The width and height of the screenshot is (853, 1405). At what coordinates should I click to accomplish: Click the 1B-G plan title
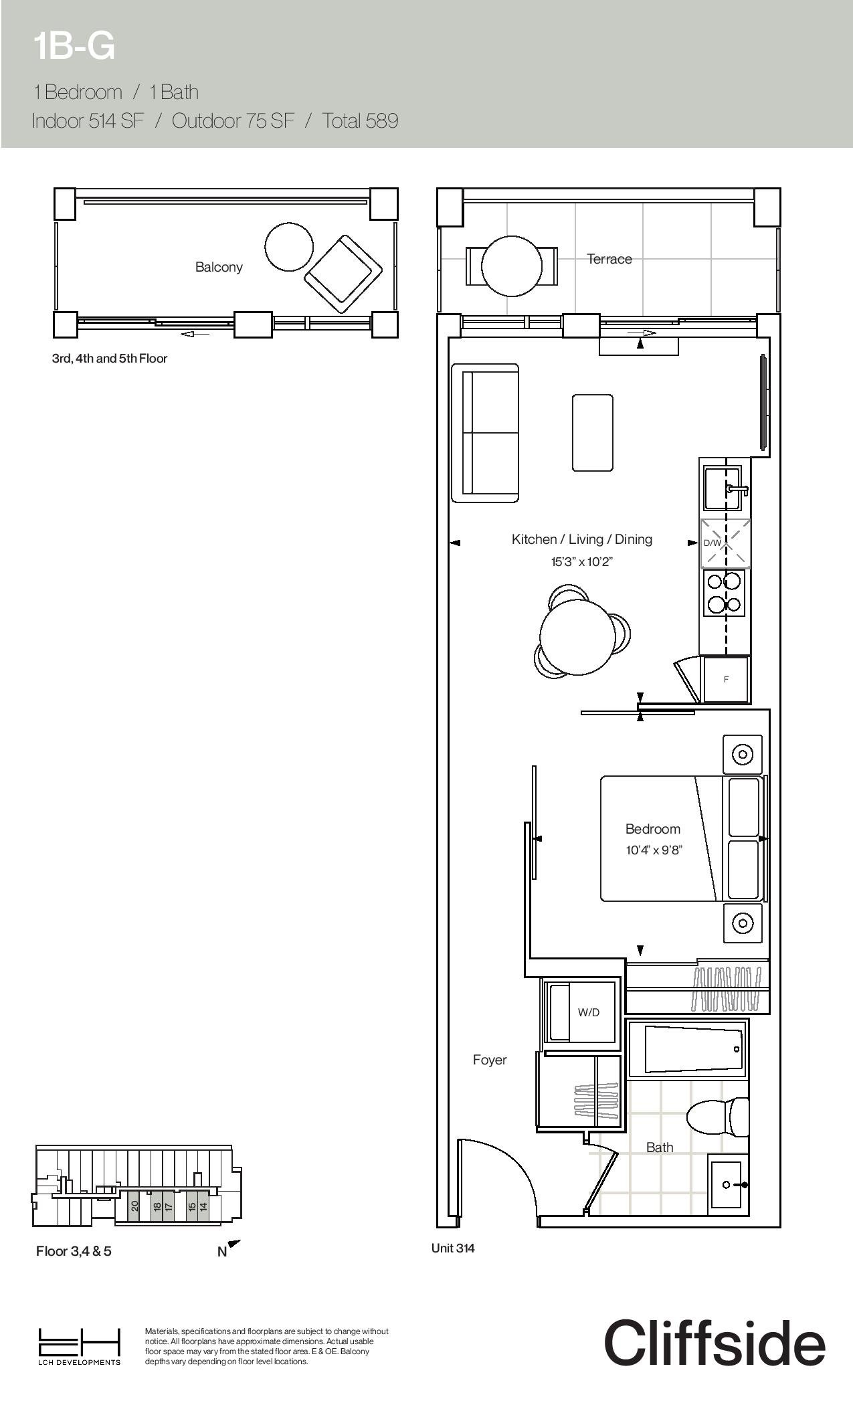point(74,46)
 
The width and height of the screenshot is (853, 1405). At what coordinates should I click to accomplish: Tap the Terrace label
point(609,259)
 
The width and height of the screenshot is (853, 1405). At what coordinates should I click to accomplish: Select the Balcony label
point(219,267)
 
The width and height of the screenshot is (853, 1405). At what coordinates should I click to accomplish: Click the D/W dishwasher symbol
point(725,543)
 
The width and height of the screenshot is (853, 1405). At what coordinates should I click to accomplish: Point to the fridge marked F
point(726,679)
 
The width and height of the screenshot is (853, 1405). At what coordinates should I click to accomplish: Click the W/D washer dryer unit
point(581,1012)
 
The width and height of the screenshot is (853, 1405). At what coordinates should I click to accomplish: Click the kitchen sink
point(723,488)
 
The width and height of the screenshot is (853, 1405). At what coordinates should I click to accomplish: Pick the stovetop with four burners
point(725,592)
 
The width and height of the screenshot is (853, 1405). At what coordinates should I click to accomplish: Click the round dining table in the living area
point(578,636)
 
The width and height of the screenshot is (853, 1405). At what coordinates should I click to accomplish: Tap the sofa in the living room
point(485,433)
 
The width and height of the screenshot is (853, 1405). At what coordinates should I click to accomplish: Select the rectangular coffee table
point(592,433)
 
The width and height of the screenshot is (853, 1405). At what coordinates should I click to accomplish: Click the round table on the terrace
point(512,266)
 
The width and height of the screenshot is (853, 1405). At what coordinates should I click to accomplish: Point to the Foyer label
point(490,1060)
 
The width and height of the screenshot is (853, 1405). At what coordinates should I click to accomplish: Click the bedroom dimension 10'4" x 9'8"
point(654,850)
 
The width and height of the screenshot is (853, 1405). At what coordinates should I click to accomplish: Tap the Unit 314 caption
point(453,1248)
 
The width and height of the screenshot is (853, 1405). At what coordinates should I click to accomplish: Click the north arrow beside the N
point(234,1244)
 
